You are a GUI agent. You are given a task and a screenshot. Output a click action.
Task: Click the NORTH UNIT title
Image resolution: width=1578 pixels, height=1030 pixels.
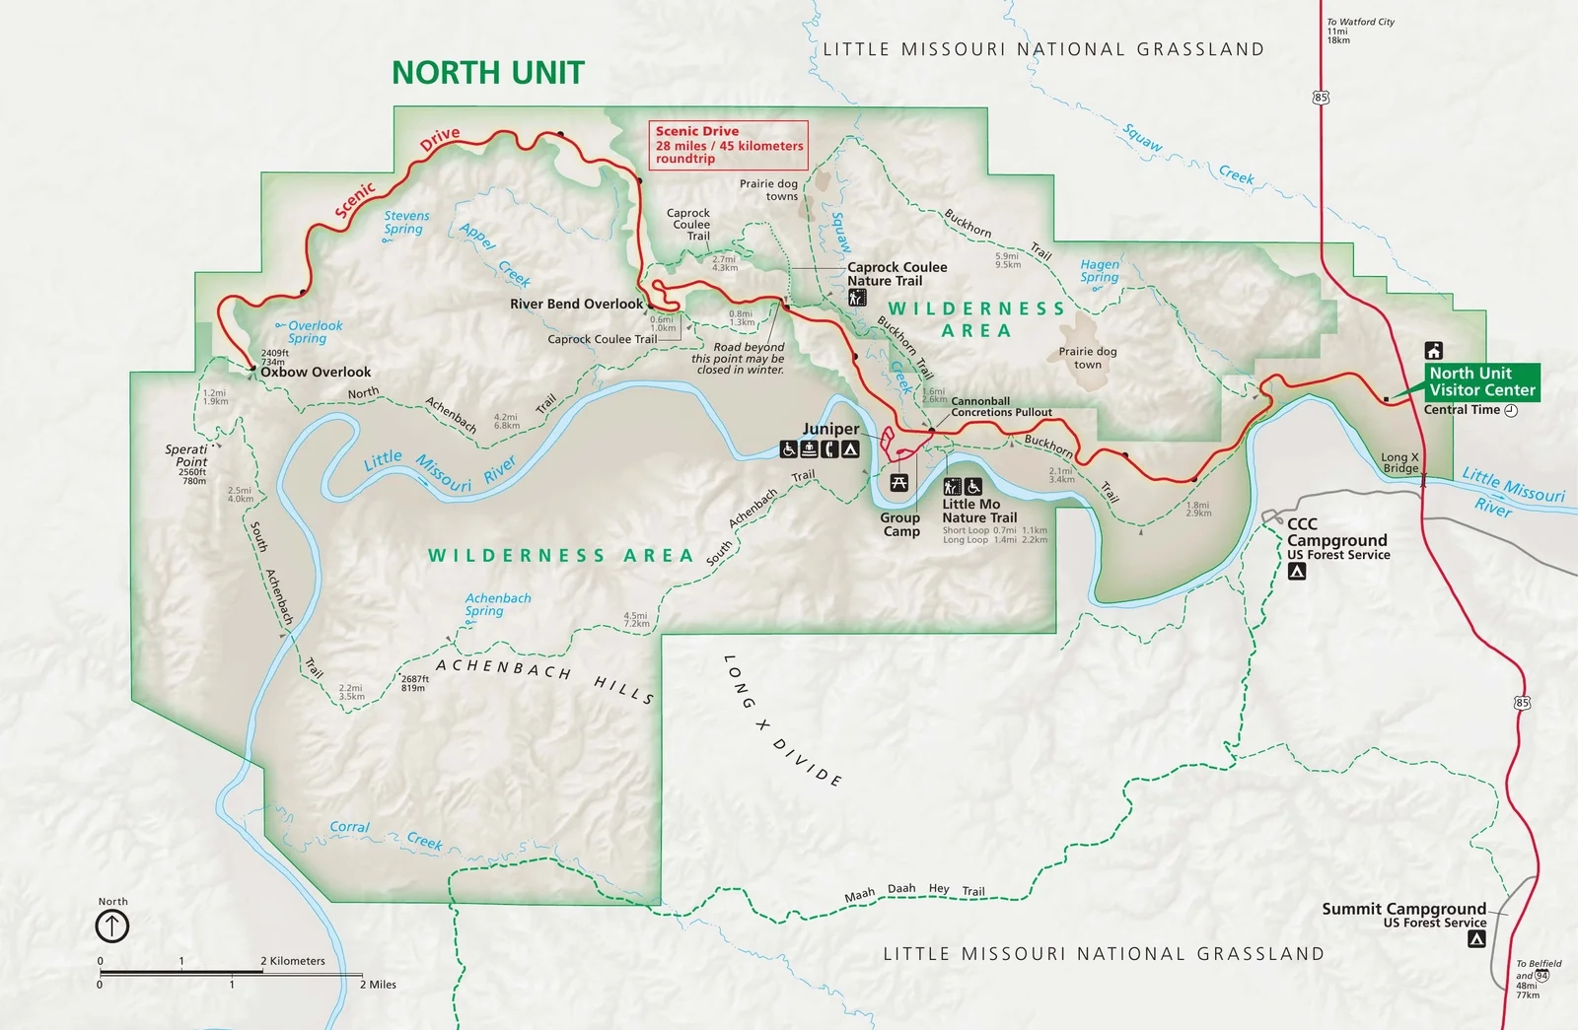click(488, 73)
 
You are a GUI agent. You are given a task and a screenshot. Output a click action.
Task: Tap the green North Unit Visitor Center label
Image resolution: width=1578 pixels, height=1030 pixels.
click(1481, 381)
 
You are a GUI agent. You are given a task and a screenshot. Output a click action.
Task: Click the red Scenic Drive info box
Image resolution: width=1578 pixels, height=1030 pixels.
click(729, 145)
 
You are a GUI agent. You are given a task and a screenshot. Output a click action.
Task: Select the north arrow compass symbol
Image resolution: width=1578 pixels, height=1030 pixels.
click(112, 927)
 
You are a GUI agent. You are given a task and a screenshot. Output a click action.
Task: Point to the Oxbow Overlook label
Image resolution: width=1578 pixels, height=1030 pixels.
click(316, 373)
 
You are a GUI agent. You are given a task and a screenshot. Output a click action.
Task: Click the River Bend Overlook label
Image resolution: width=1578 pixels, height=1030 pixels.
click(576, 304)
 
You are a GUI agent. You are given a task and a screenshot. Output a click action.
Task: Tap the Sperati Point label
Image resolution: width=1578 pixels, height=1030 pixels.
click(186, 455)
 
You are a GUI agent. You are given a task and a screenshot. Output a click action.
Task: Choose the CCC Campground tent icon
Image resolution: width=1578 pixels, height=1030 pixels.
click(1297, 572)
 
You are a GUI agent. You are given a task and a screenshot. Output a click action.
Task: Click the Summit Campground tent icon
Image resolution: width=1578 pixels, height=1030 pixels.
click(1476, 939)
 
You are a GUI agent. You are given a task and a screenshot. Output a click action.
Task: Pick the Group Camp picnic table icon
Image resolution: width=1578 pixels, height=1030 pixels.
click(898, 483)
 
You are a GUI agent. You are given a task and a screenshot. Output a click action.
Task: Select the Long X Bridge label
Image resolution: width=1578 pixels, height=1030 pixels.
click(1399, 462)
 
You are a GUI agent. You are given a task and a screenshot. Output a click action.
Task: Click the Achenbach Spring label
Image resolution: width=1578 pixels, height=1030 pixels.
click(497, 604)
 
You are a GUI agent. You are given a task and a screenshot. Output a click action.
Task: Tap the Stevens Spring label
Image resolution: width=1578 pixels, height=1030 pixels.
click(406, 222)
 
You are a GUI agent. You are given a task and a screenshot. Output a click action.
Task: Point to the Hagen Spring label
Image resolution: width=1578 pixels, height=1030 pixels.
click(1099, 270)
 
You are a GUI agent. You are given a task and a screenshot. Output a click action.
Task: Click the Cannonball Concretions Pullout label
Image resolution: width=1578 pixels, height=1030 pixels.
click(1000, 407)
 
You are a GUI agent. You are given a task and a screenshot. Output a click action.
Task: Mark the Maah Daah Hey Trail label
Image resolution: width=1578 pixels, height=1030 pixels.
click(914, 891)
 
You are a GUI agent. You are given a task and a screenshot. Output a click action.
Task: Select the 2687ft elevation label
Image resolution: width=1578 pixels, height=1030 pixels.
click(414, 683)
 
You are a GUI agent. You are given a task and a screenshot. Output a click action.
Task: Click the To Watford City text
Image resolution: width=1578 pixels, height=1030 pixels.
click(1360, 22)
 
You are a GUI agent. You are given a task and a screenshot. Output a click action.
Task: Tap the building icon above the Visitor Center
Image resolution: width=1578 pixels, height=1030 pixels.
click(1434, 350)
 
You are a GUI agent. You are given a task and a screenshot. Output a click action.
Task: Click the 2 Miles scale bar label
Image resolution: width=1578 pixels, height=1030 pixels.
click(378, 985)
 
